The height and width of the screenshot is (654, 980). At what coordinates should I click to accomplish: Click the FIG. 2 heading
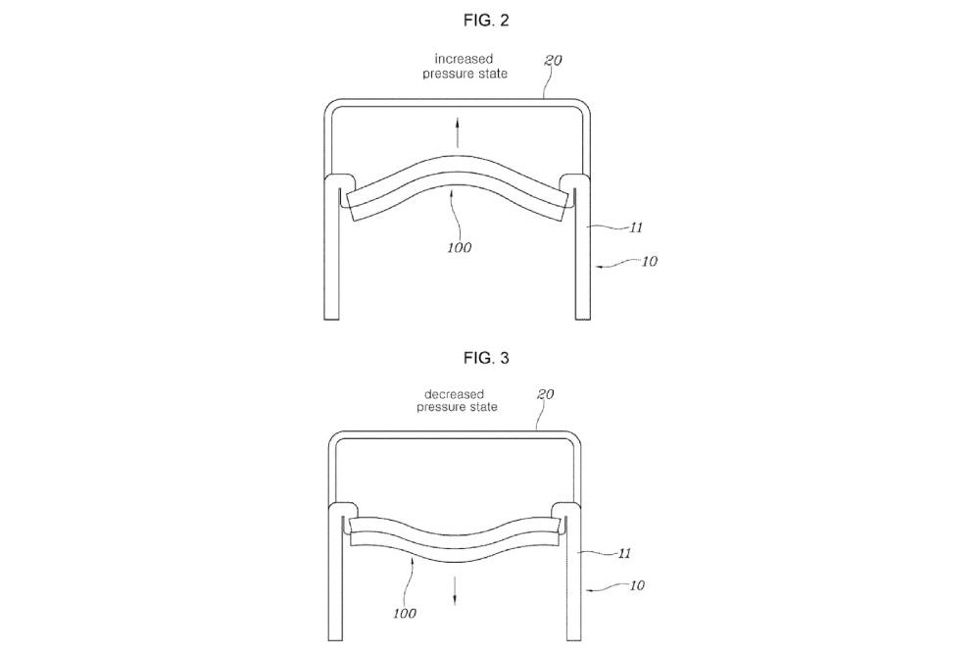pos(486,20)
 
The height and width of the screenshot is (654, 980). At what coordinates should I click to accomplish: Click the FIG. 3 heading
pos(486,358)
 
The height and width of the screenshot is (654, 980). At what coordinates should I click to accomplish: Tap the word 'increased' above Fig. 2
pos(464,59)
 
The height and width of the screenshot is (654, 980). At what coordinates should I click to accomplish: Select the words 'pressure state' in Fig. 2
pos(465,74)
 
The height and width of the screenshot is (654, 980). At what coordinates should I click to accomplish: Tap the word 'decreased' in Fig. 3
pos(455,394)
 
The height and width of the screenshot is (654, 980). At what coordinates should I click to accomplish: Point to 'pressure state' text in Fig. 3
pos(458,407)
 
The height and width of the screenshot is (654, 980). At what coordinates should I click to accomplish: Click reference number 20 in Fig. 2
pos(553,60)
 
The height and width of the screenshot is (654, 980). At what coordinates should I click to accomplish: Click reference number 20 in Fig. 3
pos(546,394)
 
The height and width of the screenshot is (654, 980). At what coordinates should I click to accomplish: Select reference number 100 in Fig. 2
pos(460,248)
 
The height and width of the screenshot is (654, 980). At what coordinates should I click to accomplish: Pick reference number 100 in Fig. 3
pos(405,614)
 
